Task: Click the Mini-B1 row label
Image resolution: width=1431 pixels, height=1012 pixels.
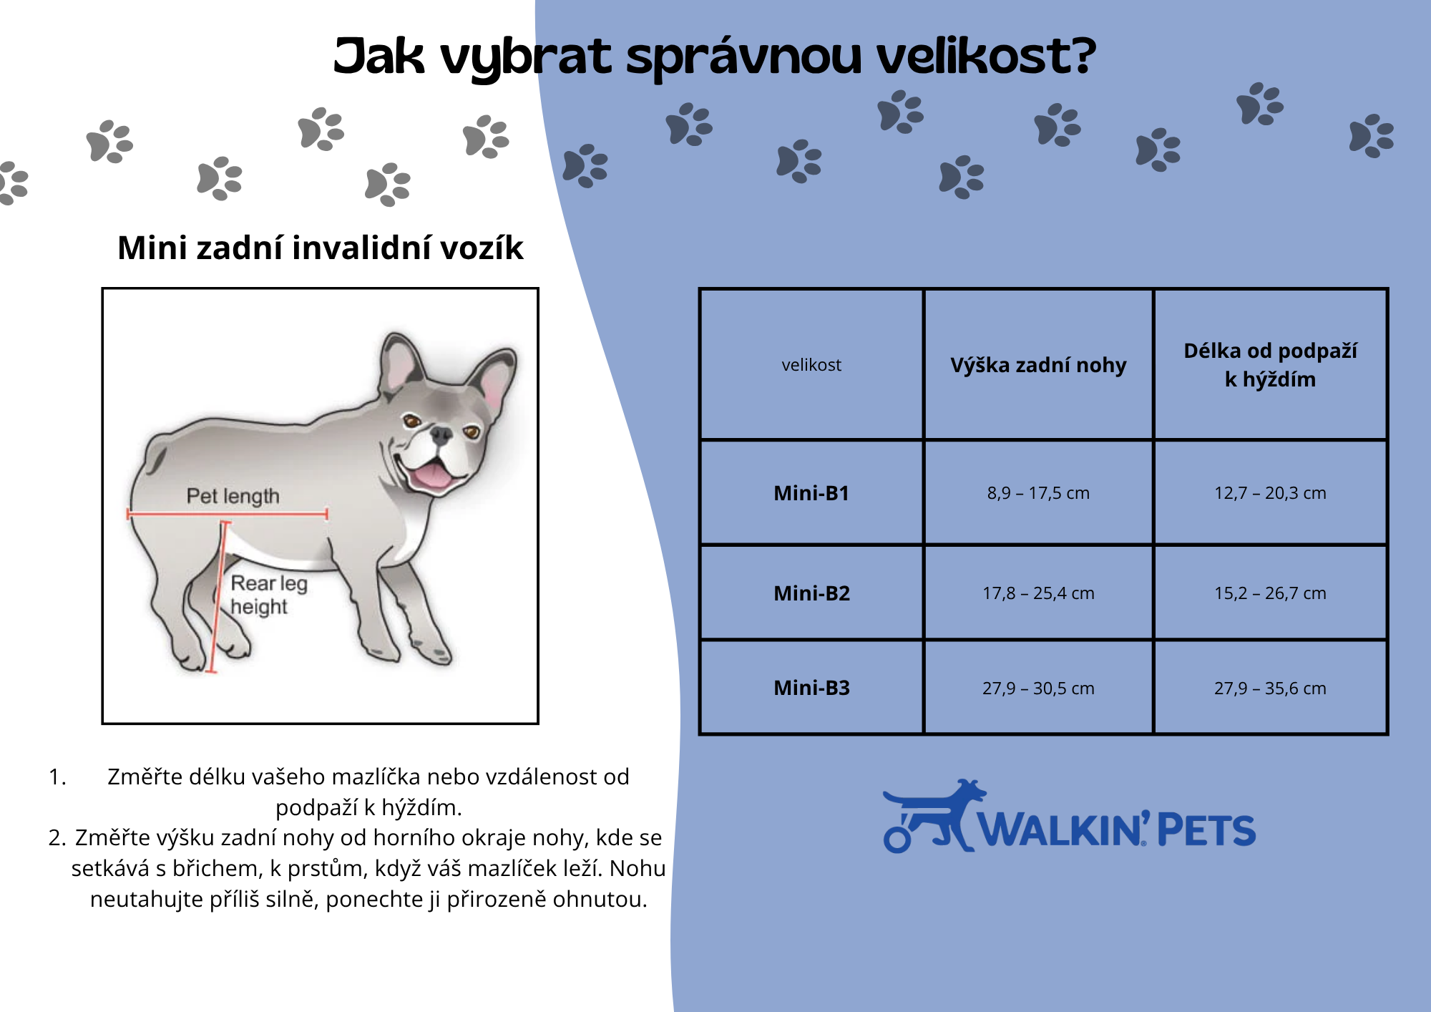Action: [x=811, y=493]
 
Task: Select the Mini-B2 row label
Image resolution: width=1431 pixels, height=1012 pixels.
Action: [x=811, y=593]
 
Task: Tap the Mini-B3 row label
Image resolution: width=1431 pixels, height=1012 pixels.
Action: [x=811, y=688]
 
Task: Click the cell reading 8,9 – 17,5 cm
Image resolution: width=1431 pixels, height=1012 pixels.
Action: [x=1038, y=493]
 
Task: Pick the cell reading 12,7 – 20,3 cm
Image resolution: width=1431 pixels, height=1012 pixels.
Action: [x=1270, y=493]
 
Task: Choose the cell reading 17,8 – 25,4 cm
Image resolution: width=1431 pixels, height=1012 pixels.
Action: [x=1038, y=593]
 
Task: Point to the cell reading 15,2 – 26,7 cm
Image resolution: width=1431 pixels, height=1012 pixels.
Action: [x=1270, y=593]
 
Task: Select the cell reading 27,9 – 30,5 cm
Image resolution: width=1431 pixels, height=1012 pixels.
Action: [x=1038, y=689]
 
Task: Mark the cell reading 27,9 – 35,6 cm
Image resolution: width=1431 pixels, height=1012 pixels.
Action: [x=1270, y=689]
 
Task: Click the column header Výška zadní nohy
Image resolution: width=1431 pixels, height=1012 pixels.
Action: [x=1038, y=365]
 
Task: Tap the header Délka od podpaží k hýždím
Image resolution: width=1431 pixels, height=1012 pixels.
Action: [x=1270, y=365]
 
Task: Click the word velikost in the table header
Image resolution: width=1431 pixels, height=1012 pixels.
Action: [x=811, y=365]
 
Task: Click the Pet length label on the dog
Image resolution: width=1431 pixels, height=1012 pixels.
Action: [x=233, y=496]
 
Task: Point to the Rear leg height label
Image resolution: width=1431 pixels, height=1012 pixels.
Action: [x=268, y=595]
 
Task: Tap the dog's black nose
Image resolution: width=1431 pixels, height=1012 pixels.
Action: [x=441, y=434]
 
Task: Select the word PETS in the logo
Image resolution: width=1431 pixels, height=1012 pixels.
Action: [x=1206, y=830]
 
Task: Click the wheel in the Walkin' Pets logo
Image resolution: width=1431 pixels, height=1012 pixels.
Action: [x=897, y=839]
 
